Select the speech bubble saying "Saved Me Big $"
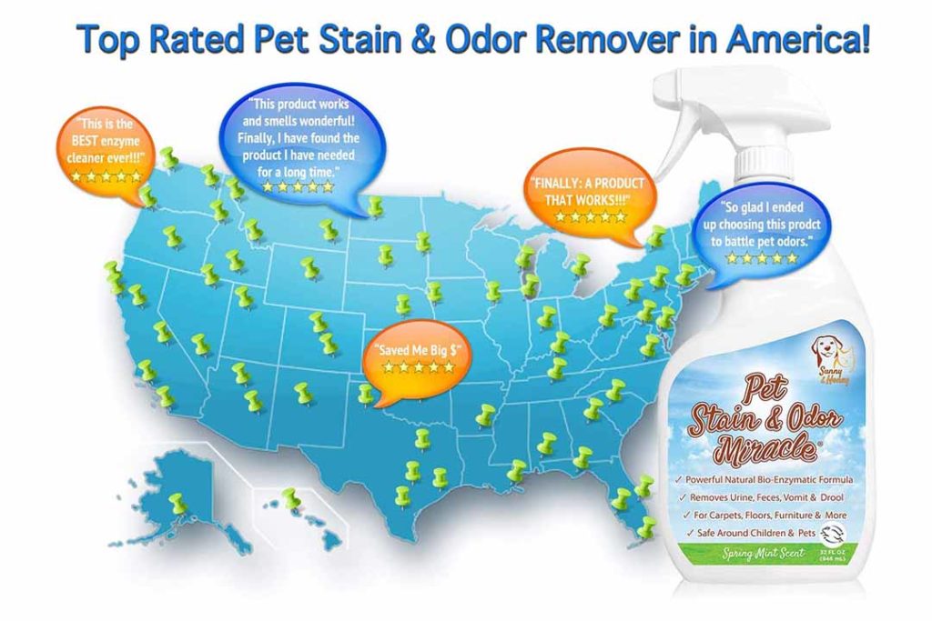[x=415, y=356]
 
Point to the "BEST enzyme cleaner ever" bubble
[x=105, y=151]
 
